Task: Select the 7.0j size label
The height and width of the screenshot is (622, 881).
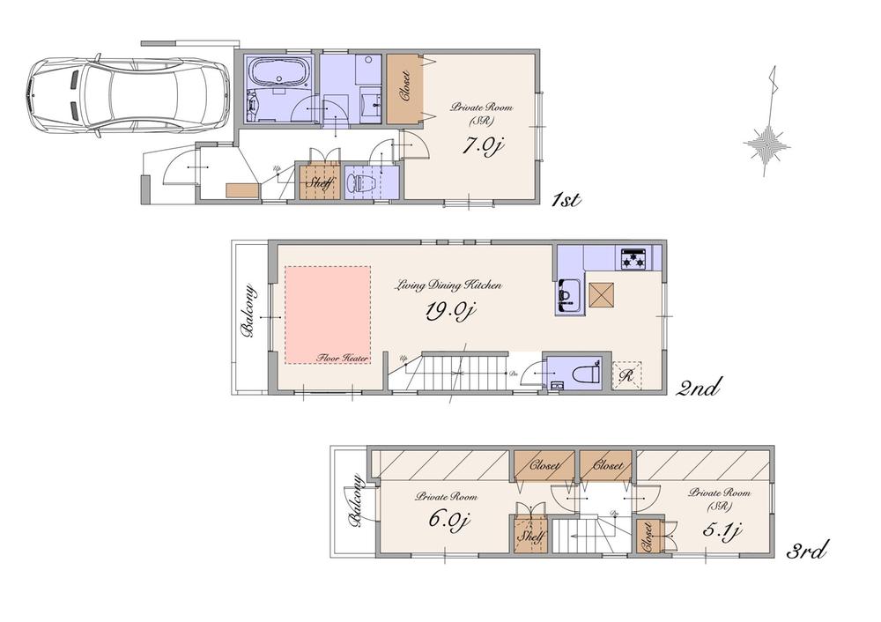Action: tap(483, 146)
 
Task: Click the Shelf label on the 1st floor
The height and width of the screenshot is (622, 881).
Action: tap(320, 183)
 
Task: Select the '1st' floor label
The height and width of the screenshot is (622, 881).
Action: tap(564, 200)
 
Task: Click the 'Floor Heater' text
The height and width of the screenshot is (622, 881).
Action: tap(343, 359)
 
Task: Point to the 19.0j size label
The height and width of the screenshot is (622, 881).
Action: tap(450, 313)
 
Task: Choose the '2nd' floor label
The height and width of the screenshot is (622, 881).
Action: tap(700, 386)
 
